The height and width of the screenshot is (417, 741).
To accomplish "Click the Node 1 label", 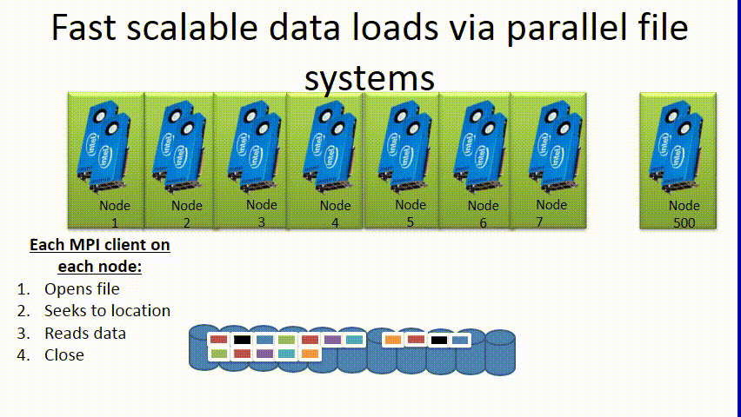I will [x=114, y=214].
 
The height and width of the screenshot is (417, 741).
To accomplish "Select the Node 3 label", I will [x=261, y=213].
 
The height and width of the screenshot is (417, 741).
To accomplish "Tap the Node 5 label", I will [x=411, y=213].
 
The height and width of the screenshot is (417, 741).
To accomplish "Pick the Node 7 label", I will [x=551, y=213].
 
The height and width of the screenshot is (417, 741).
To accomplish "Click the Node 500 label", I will [x=684, y=214].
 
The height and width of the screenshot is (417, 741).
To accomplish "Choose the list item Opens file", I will [x=82, y=289].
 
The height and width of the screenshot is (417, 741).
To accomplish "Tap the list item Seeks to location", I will [x=107, y=311].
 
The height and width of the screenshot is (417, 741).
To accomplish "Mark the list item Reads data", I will [x=85, y=334].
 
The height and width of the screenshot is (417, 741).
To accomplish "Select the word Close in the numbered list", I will [x=64, y=355].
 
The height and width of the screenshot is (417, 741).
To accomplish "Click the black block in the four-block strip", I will [x=437, y=340].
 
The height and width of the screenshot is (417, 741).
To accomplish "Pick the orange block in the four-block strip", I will [x=393, y=340].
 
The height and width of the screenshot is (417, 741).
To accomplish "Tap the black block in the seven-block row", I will [x=242, y=340].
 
